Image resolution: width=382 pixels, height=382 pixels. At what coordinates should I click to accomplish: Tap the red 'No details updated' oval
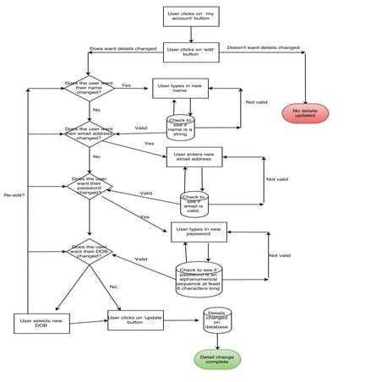[x=310, y=112]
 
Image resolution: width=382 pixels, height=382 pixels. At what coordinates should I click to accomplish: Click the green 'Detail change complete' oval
[x=218, y=359]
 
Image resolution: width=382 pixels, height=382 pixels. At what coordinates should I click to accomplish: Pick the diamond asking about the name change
[x=89, y=86]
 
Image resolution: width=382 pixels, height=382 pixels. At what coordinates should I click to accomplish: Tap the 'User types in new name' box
[x=181, y=87]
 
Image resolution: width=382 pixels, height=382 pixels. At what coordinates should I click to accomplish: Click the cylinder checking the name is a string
[x=181, y=126]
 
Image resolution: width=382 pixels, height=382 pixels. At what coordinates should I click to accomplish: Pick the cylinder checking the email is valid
[x=194, y=203]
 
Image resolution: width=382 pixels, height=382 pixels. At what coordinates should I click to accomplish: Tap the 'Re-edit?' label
[x=14, y=195]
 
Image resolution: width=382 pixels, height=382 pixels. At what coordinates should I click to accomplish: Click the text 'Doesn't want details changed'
[x=263, y=48]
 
